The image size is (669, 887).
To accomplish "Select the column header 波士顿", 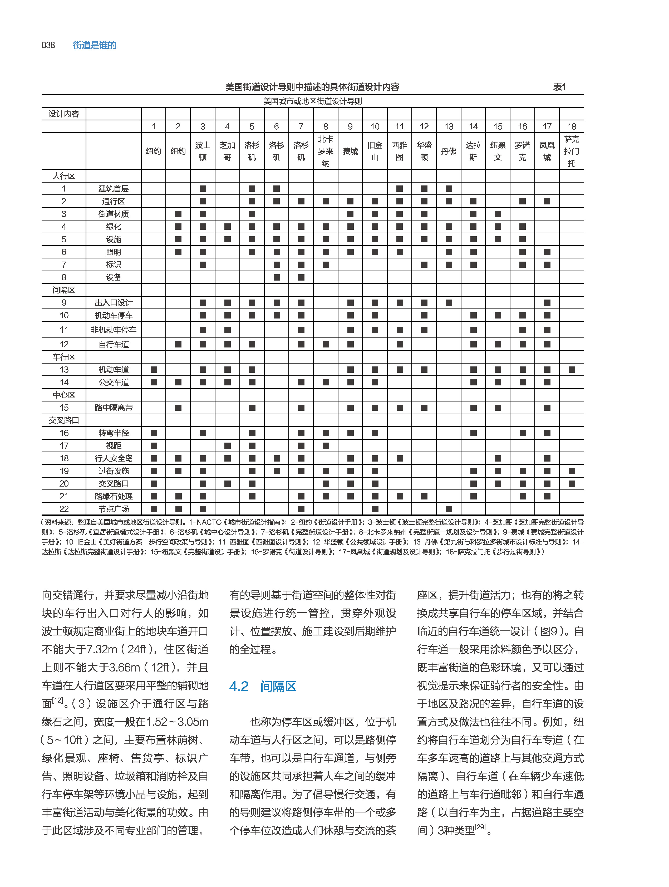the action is (203, 151).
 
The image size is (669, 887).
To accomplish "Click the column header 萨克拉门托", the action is (572, 151).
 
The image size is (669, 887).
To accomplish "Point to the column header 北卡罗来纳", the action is (326, 151).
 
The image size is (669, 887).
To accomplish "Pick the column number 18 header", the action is (572, 126).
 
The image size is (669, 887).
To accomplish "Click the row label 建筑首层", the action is (114, 188).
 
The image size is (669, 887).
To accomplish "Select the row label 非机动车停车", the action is (114, 330).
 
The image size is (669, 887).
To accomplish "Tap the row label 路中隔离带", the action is (114, 408).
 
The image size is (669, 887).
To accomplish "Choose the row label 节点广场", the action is (114, 509).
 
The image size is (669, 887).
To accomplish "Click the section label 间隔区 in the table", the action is (64, 290).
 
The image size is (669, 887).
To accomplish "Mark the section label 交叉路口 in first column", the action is (64, 420).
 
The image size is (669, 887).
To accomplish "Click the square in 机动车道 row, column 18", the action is (572, 370).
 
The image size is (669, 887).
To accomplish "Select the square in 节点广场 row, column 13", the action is (449, 509).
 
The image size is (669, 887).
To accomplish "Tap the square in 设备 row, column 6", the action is (277, 277).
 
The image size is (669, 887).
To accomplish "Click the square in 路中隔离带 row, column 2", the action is (178, 408).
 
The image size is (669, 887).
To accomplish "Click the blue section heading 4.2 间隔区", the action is (263, 687).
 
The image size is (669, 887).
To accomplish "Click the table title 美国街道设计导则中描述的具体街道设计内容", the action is (312, 87).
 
